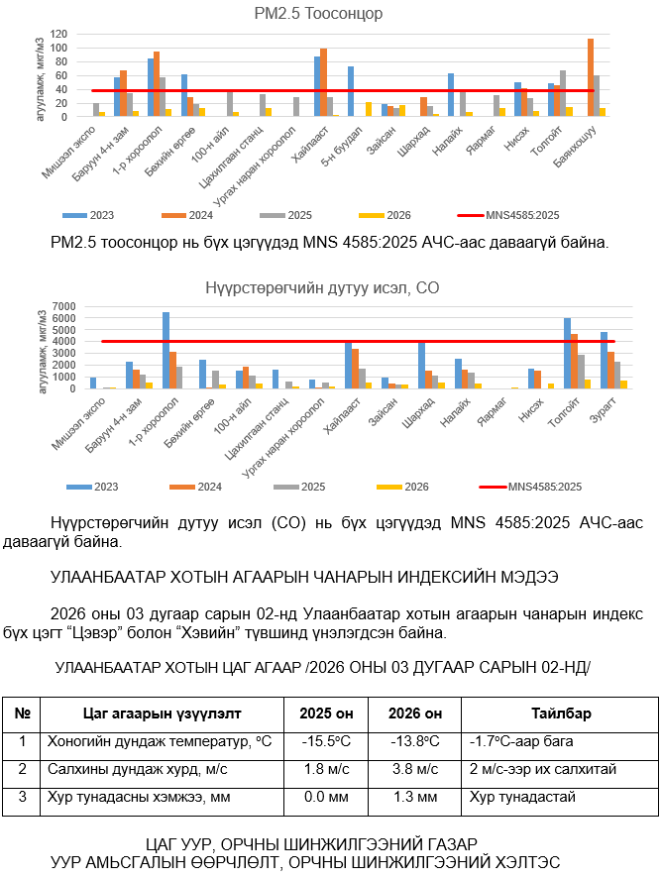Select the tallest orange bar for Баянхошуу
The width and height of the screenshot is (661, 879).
pyautogui.click(x=591, y=77)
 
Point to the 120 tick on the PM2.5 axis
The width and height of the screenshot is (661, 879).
pyautogui.click(x=58, y=34)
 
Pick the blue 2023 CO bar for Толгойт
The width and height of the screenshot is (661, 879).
pyautogui.click(x=568, y=353)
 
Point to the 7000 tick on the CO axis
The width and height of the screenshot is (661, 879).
pyautogui.click(x=61, y=306)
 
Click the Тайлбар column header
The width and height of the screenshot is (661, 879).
pyautogui.click(x=561, y=714)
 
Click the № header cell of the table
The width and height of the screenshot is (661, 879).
pyautogui.click(x=21, y=714)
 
